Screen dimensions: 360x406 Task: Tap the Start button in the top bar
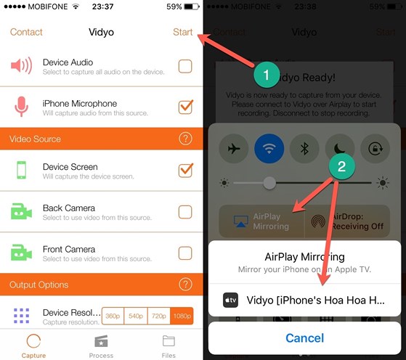[x=183, y=32]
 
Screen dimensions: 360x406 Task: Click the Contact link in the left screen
[x=25, y=32]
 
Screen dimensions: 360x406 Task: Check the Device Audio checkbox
[x=185, y=67]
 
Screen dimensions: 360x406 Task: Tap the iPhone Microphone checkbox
[x=185, y=107]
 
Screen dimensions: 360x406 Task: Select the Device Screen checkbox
[x=185, y=171]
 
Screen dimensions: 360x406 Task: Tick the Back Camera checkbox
[x=185, y=212]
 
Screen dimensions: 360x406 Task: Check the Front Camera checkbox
[x=185, y=253]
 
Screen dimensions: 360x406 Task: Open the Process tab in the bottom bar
[x=101, y=345]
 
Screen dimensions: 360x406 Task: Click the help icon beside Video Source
[x=185, y=139]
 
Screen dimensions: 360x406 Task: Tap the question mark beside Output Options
[x=185, y=285]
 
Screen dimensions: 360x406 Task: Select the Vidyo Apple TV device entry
[x=305, y=300]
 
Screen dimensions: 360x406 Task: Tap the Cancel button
[x=305, y=338]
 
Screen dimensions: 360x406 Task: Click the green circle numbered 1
[x=266, y=75]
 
